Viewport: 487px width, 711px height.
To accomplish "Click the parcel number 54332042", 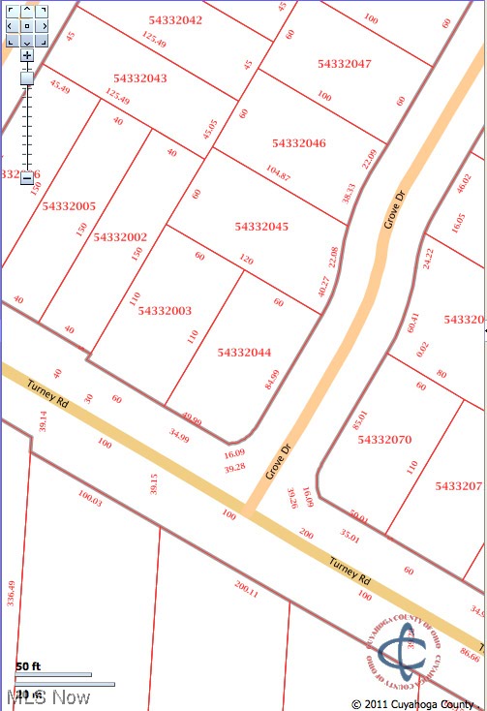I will tap(176, 19).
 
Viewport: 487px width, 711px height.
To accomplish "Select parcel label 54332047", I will tap(345, 64).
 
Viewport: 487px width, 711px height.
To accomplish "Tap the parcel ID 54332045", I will tap(261, 227).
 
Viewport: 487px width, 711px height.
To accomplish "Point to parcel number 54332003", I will tap(165, 311).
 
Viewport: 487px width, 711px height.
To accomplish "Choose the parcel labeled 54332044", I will tap(245, 353).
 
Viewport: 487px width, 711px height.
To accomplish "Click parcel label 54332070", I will tap(384, 440).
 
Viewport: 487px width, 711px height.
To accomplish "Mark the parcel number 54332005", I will tap(69, 206).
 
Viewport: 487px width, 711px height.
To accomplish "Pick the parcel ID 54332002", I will tap(121, 236).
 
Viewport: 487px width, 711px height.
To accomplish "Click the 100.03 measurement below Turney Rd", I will tap(89, 498).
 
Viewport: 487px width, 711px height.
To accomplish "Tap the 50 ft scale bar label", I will tap(28, 666).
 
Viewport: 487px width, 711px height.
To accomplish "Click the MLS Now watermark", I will tap(48, 697).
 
